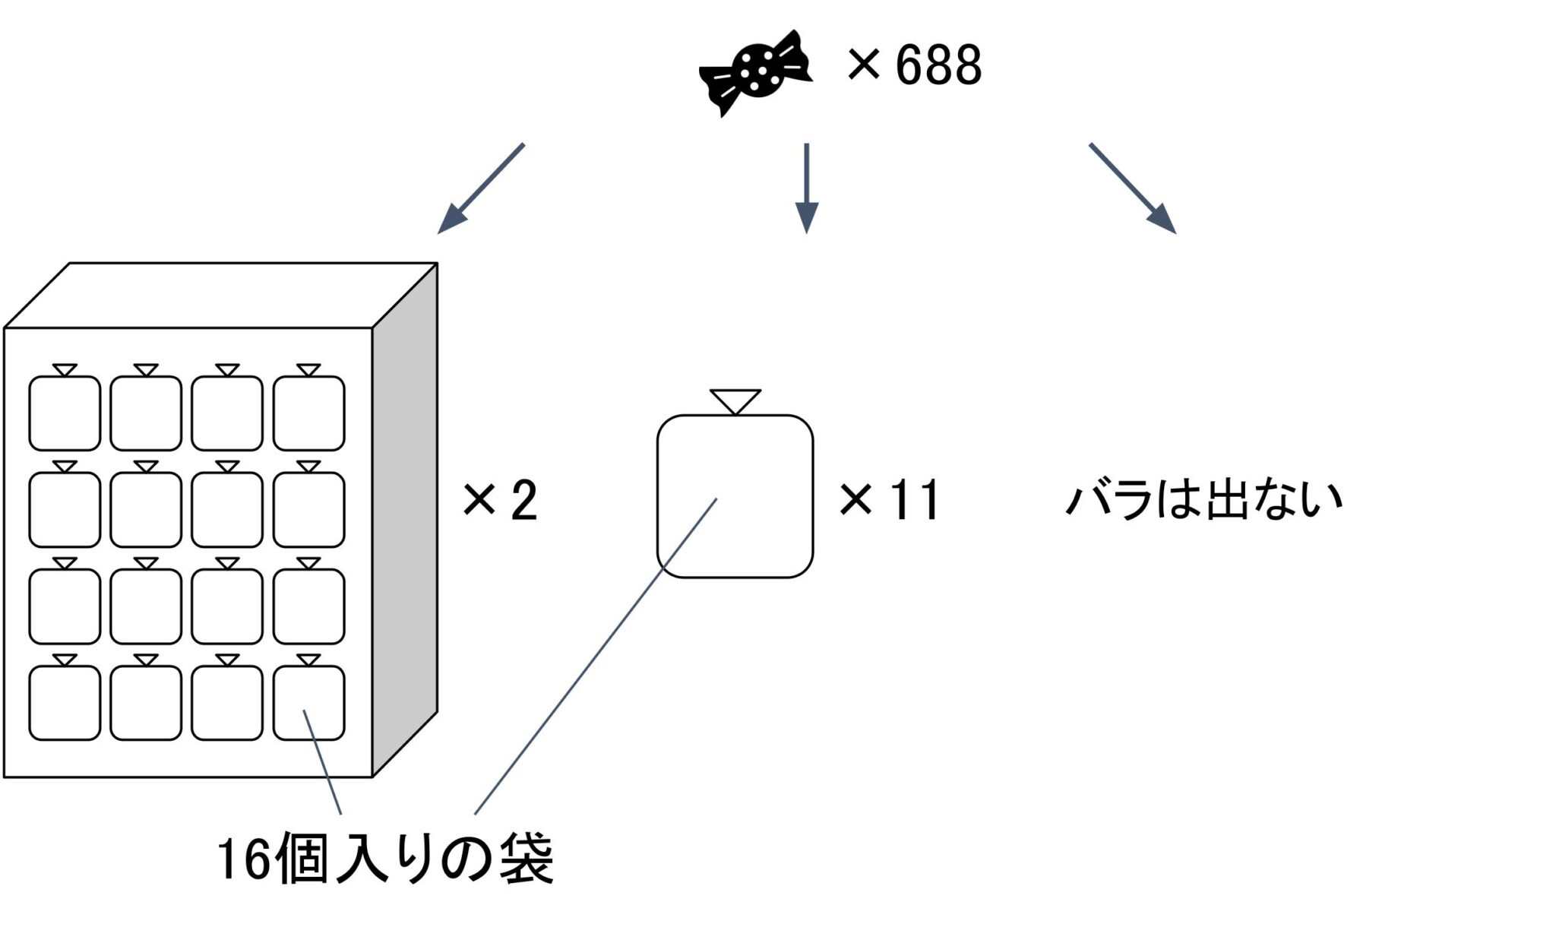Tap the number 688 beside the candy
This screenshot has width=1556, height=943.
click(938, 65)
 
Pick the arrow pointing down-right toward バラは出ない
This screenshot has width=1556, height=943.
click(1132, 188)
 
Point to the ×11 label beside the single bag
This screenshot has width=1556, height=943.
click(889, 501)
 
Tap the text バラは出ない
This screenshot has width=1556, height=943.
click(1203, 499)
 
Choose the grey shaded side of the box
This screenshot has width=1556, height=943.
click(405, 517)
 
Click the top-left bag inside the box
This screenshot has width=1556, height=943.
click(65, 413)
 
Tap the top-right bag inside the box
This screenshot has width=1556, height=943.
click(308, 413)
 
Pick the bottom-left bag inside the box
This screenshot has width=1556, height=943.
click(65, 702)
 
